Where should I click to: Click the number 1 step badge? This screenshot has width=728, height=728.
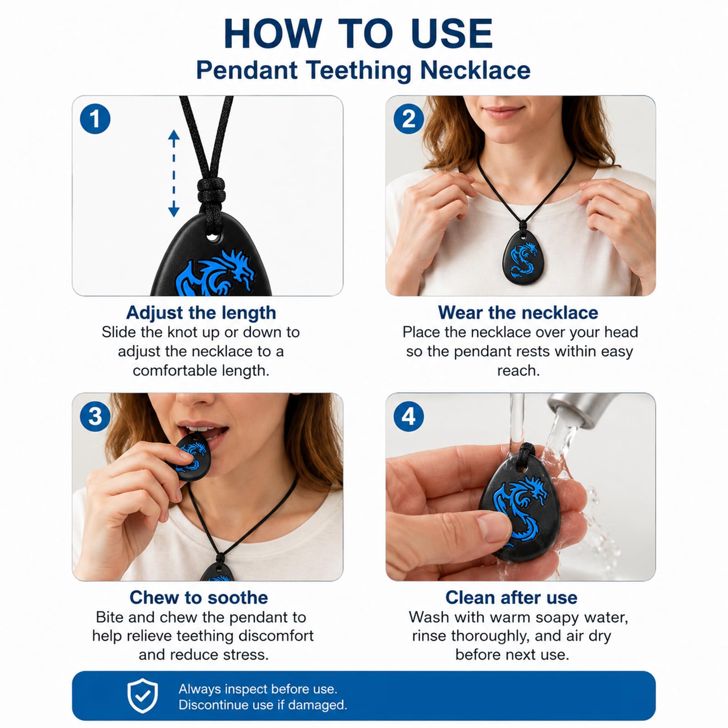point(95,119)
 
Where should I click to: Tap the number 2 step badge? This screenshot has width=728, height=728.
point(409,119)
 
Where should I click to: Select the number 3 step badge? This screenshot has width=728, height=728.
point(95,416)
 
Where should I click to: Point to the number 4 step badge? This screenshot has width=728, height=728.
point(409,416)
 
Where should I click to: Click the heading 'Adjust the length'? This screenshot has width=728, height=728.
point(201,313)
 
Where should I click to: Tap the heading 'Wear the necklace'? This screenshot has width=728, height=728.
point(518,313)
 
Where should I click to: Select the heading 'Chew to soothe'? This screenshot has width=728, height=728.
point(199,597)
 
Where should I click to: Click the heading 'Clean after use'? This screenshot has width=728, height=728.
point(511,597)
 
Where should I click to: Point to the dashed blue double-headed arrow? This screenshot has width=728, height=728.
point(174,173)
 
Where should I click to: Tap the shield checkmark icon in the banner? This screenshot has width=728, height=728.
point(142,696)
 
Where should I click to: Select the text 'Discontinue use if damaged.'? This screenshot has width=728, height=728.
point(263,705)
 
